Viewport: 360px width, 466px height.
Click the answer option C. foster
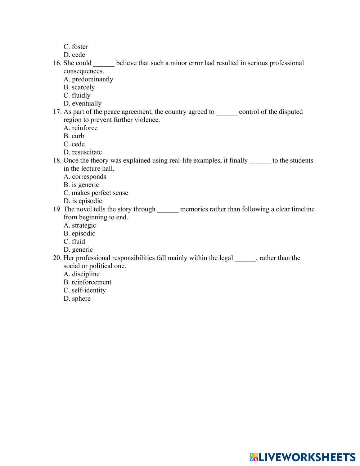point(76,46)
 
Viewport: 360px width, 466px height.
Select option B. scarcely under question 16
point(79,87)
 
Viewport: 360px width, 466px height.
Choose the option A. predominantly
point(88,79)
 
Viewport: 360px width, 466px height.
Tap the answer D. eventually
point(82,103)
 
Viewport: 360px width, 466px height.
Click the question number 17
point(57,112)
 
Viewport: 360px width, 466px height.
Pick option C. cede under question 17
point(74,144)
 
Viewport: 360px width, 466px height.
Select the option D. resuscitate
point(83,152)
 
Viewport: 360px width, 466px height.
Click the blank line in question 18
point(260,161)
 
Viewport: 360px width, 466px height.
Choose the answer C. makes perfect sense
point(96,193)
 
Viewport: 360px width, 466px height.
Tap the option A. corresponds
point(85,176)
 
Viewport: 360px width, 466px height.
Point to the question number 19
point(57,209)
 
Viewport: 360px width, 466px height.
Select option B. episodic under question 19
point(79,233)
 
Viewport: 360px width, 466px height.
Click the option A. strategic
point(80,225)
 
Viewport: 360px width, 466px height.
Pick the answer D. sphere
point(77,299)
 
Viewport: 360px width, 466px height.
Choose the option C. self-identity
point(85,290)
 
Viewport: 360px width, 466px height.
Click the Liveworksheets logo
point(302,457)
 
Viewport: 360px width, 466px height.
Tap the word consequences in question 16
point(84,71)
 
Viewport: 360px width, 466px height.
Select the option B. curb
point(74,136)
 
